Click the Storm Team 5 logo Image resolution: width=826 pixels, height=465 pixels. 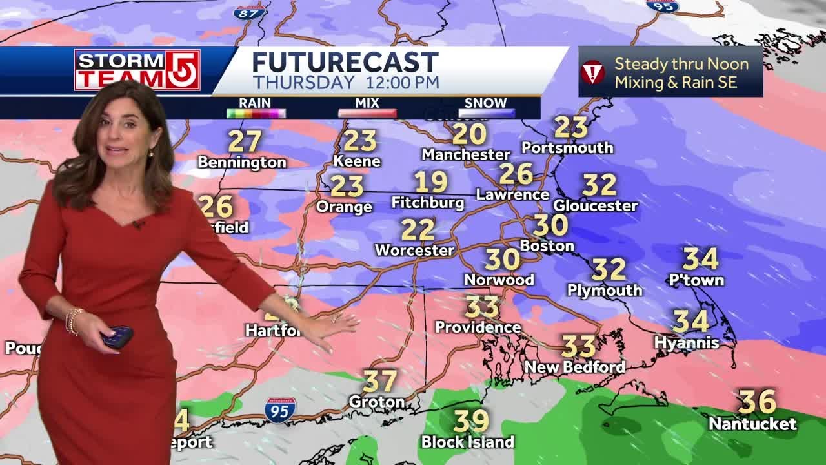[x=137, y=70]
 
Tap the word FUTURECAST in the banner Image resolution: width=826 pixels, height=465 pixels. [x=345, y=63]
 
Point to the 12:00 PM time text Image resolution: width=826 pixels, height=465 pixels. [x=402, y=83]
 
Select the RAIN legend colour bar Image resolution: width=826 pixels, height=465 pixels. [x=256, y=114]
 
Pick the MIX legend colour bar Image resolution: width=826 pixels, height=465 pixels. [x=367, y=114]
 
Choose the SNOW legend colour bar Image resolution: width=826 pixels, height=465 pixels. [x=487, y=114]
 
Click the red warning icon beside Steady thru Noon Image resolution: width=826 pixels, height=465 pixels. [x=593, y=72]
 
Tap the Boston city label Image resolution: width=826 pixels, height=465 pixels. [x=547, y=245]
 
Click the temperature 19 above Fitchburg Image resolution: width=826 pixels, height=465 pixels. [x=430, y=183]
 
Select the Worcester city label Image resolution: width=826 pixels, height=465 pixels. [x=414, y=250]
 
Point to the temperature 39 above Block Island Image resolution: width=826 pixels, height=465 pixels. [x=471, y=421]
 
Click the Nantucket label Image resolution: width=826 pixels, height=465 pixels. [x=752, y=424]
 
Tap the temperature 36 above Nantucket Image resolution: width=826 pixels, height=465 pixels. [x=758, y=402]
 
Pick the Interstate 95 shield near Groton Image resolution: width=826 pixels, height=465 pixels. [x=280, y=410]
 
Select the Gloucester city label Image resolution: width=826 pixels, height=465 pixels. [x=595, y=206]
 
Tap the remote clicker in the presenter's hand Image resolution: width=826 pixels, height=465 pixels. [x=117, y=336]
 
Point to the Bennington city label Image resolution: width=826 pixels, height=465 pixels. [x=242, y=162]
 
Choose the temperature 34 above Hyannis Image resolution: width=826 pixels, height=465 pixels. [x=690, y=320]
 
